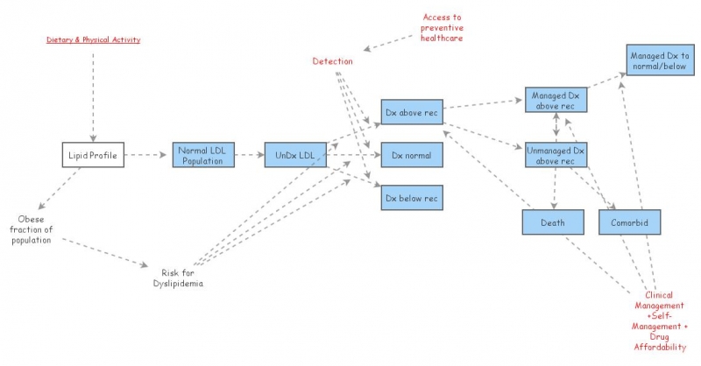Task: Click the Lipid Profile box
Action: (x=92, y=156)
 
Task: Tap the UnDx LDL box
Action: (x=295, y=156)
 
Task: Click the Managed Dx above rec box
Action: (x=556, y=100)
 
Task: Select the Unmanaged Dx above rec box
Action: (x=556, y=155)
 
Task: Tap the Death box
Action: (x=553, y=222)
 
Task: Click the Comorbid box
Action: (x=629, y=222)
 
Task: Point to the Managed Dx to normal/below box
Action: (x=659, y=61)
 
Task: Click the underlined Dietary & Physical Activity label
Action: (x=93, y=39)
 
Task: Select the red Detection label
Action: (x=333, y=61)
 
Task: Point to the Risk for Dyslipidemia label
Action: (x=179, y=277)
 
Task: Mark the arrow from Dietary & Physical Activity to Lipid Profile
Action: (x=92, y=92)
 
